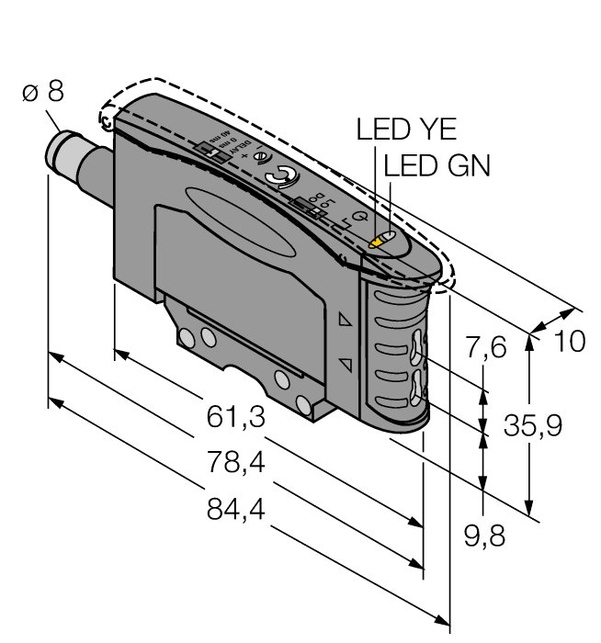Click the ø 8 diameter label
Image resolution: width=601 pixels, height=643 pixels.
(x=43, y=92)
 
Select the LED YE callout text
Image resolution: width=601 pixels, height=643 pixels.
(x=406, y=130)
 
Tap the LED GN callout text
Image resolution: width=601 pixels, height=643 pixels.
(x=437, y=166)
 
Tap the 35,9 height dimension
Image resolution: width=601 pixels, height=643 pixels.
(x=533, y=425)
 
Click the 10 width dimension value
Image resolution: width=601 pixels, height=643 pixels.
(x=569, y=342)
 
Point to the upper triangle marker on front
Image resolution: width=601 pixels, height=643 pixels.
(x=346, y=321)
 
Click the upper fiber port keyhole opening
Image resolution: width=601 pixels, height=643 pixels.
(x=419, y=348)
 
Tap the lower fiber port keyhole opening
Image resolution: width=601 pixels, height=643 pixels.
(x=419, y=387)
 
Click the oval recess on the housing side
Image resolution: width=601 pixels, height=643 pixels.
(x=241, y=215)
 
